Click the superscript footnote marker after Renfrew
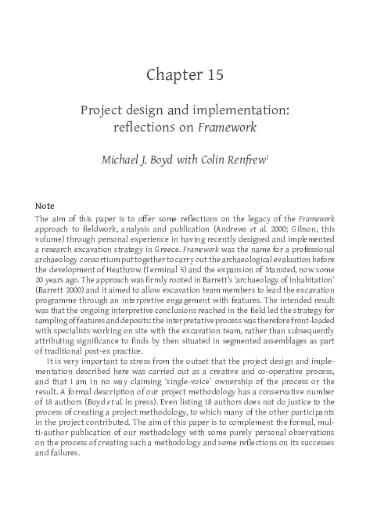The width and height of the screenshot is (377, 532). click(x=268, y=156)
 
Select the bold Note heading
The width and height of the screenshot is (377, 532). click(x=45, y=205)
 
